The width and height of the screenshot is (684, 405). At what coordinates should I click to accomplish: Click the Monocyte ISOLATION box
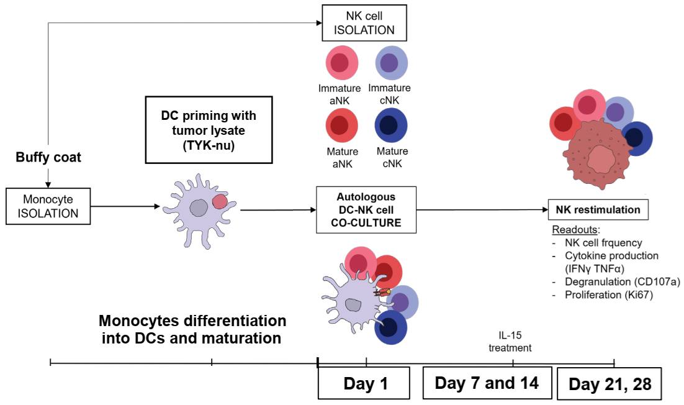[x=48, y=206]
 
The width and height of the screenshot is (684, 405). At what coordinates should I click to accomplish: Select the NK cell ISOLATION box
[x=364, y=23]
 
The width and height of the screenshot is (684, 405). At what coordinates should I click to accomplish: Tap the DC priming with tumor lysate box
[x=209, y=130]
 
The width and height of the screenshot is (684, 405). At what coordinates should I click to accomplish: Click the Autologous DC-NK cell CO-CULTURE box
[x=366, y=210]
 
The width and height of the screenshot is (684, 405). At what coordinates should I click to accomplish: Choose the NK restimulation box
[x=598, y=210]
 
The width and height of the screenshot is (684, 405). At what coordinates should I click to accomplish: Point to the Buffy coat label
[x=48, y=157]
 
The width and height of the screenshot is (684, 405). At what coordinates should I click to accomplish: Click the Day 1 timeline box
[x=364, y=383]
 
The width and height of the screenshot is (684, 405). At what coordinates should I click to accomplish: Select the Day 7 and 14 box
[x=487, y=383]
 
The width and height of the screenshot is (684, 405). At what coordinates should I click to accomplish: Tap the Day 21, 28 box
[x=610, y=384]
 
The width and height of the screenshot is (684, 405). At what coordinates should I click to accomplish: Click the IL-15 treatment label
[x=510, y=342]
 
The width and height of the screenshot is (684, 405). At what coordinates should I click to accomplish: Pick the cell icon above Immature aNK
[x=342, y=63]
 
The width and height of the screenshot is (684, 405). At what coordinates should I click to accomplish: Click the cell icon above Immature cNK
[x=391, y=63]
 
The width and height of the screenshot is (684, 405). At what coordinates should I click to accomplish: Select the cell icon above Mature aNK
[x=342, y=125]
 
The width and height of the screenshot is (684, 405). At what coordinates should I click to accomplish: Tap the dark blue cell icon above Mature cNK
[x=391, y=125]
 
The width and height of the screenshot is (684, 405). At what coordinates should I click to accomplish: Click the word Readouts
[x=570, y=230]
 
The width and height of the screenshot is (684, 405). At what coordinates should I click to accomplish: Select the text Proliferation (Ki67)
[x=609, y=295]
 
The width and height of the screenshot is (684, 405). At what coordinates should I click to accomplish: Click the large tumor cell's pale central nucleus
[x=602, y=159]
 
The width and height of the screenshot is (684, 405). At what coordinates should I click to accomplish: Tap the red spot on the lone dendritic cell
[x=220, y=202]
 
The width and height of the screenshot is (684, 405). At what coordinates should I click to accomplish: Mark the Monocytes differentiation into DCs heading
[x=192, y=329]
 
